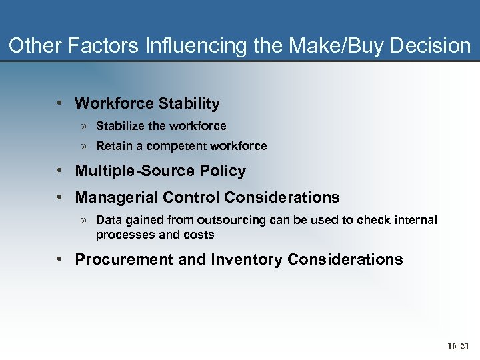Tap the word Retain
113,146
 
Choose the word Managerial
112,197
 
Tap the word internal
415,220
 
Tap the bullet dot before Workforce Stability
60,103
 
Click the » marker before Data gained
85,220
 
